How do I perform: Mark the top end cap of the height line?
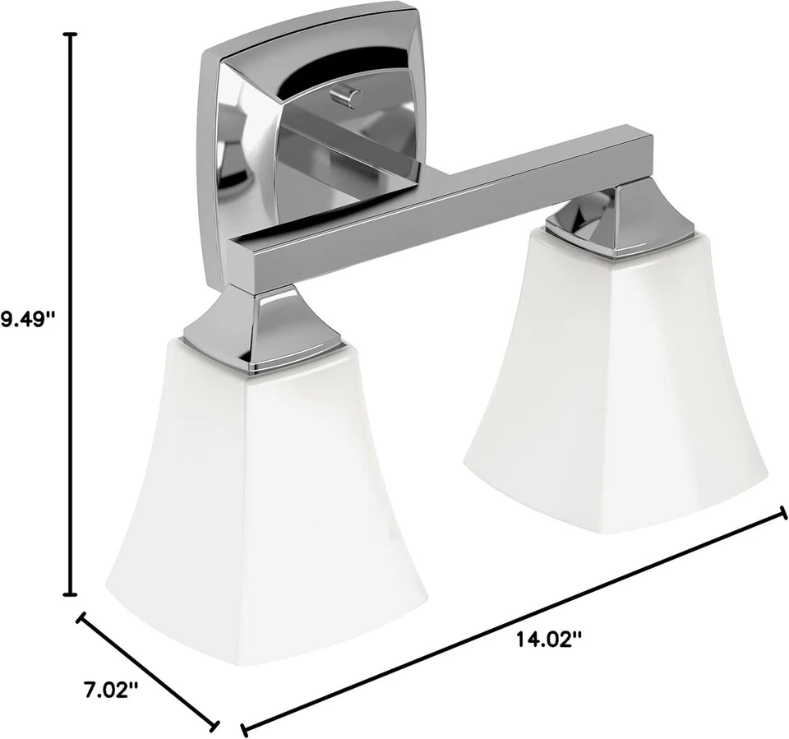point(71,35)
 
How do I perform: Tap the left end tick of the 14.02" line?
point(243,728)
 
